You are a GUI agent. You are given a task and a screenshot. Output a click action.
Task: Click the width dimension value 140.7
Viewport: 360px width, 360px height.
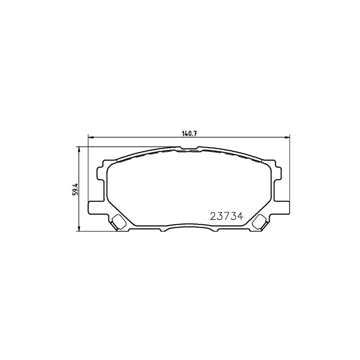189,134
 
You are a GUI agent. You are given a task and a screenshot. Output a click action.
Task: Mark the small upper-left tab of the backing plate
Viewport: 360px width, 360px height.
102,173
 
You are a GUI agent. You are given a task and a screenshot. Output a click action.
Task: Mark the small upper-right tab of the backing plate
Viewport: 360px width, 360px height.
276,173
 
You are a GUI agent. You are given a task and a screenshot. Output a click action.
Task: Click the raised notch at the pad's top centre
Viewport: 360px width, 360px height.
189,149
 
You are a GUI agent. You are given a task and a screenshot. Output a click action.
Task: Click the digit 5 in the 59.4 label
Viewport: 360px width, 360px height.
74,194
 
